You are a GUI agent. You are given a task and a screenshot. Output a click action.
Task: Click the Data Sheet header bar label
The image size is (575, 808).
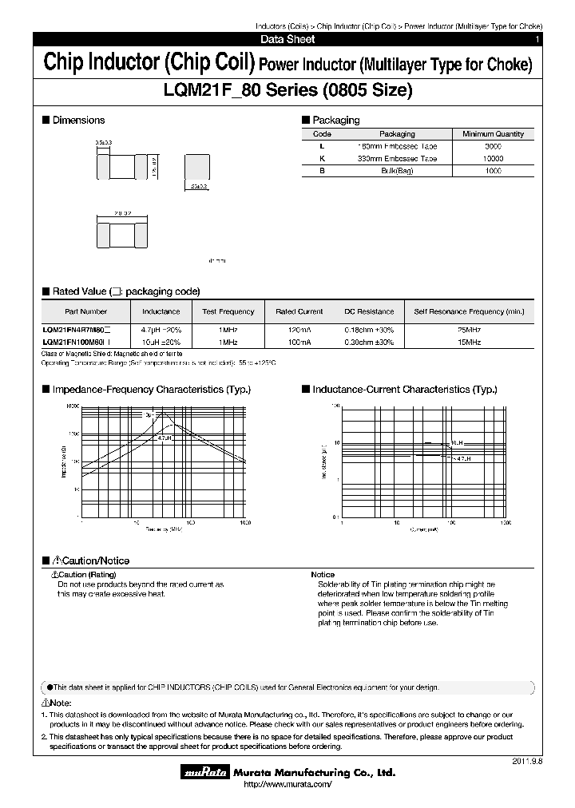(287, 39)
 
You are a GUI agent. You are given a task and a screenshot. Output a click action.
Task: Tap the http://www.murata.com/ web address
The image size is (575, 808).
(287, 786)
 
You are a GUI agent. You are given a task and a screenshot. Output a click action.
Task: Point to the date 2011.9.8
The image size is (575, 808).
(526, 761)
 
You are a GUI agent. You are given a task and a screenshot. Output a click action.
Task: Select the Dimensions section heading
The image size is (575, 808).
(78, 121)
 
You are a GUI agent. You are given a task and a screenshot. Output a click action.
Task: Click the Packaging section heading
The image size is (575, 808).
(335, 121)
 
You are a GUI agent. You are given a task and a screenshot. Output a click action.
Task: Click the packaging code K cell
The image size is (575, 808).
(322, 159)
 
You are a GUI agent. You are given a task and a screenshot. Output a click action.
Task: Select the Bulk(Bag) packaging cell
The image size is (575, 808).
(396, 171)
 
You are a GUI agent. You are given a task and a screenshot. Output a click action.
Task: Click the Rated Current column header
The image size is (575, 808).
(299, 311)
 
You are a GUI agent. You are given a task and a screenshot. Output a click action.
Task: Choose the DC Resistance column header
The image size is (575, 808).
(369, 311)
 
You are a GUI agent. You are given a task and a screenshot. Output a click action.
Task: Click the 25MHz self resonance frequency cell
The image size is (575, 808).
(469, 330)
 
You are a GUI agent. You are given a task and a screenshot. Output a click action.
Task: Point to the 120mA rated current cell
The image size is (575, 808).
(299, 330)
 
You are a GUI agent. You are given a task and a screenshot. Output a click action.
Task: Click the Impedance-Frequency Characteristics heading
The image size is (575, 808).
(151, 390)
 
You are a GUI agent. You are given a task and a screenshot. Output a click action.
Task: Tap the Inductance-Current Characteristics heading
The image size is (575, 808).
(404, 390)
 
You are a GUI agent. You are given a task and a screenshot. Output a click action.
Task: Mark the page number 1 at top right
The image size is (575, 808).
(537, 39)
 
